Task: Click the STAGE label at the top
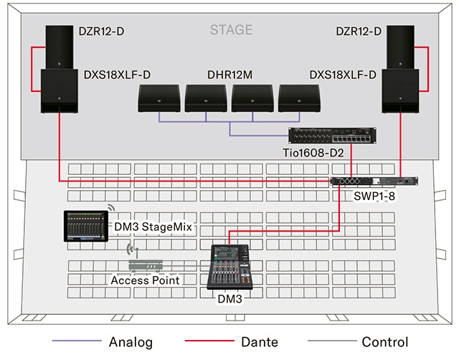tap(231, 30)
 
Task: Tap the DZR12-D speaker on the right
tap(399, 47)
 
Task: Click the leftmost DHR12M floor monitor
tap(158, 99)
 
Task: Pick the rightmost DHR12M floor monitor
tap(299, 99)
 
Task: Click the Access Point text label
tap(145, 280)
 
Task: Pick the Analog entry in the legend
tap(129, 342)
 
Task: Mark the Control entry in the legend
tap(384, 342)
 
